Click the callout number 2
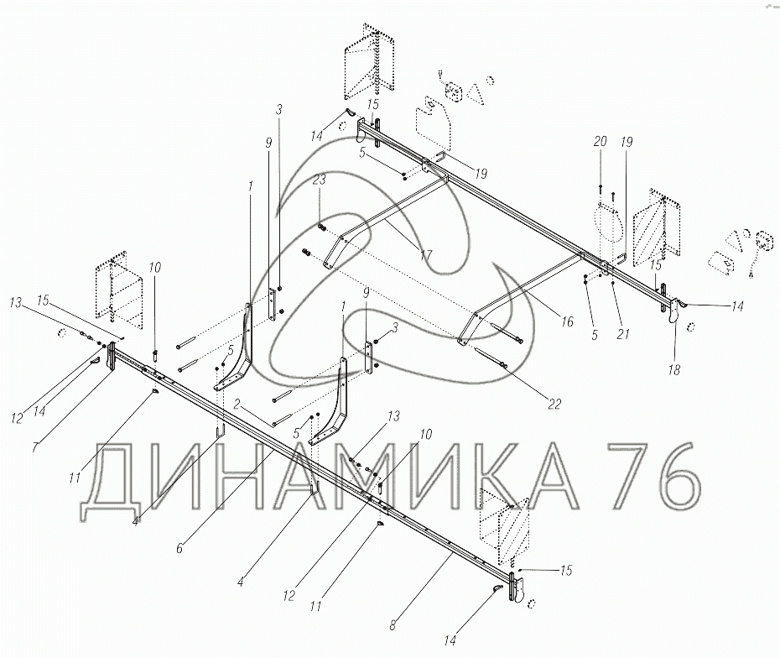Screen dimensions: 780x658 click(238, 404)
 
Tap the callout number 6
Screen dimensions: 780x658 click(179, 548)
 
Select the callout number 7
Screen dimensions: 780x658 click(34, 446)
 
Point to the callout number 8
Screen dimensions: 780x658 click(393, 625)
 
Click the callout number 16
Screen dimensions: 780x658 click(567, 321)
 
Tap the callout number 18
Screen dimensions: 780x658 click(674, 370)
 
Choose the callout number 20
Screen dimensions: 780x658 click(601, 141)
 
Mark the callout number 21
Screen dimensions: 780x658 click(623, 333)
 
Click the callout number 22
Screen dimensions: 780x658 click(554, 404)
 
